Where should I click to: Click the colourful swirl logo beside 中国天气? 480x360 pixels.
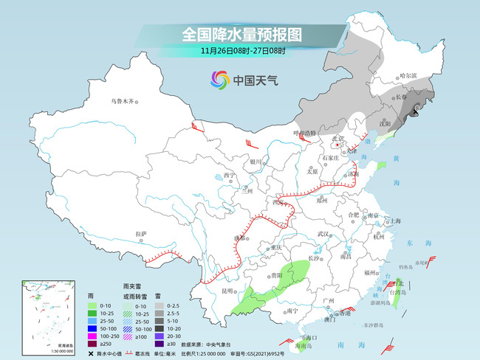(220, 79)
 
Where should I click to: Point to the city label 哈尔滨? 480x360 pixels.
(408, 76)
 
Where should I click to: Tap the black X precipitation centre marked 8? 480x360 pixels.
(418, 109)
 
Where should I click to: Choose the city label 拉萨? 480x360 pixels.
(141, 234)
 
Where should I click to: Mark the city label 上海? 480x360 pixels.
(396, 220)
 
